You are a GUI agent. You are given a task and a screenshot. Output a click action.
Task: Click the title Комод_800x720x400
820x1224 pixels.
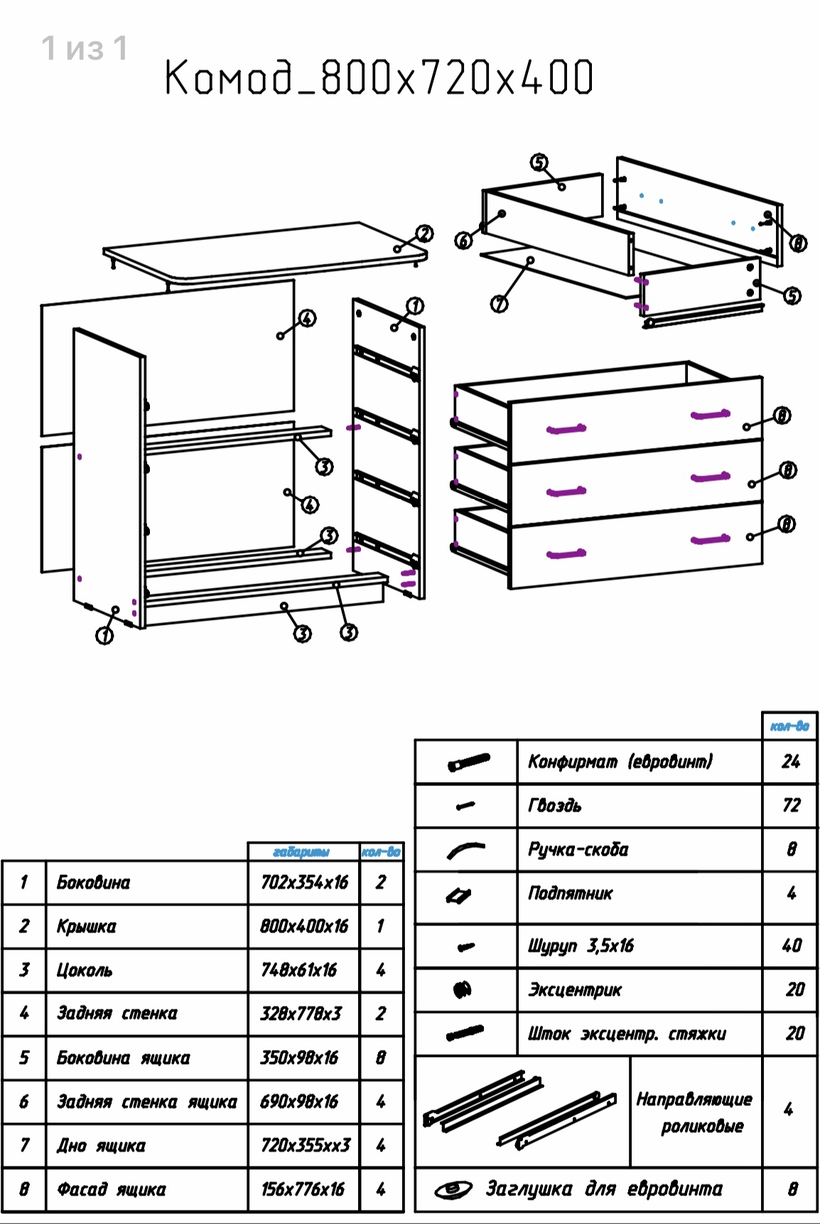(379, 77)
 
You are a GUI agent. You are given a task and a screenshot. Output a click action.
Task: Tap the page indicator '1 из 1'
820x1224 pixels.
(85, 49)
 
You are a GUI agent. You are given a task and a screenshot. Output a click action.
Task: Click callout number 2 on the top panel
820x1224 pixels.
(424, 234)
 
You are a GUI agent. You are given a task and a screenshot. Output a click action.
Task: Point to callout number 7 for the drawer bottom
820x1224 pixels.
(500, 304)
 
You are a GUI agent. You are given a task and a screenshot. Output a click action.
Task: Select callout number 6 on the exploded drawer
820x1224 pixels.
(463, 241)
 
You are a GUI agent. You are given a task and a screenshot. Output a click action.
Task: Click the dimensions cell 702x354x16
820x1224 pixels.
(304, 883)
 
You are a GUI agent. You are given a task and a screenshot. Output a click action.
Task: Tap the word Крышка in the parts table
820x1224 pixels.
(86, 927)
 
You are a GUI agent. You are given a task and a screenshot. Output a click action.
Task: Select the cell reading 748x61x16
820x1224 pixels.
(299, 970)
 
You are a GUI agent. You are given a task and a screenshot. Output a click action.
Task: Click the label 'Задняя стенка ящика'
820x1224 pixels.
(146, 1102)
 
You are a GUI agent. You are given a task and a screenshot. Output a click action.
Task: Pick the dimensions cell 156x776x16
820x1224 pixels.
(303, 1189)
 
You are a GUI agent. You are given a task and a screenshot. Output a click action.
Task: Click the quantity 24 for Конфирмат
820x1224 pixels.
(791, 762)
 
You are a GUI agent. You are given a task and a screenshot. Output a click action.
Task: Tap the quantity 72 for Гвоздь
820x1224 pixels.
(791, 805)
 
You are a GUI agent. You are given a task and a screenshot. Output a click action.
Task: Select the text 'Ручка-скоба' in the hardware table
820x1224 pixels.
(578, 849)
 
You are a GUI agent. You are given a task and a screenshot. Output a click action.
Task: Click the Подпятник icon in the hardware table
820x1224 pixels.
(459, 896)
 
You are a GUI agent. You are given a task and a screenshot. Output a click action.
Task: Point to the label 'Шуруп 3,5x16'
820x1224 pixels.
(581, 946)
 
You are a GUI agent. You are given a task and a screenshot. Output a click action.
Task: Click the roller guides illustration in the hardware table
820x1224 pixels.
(519, 1110)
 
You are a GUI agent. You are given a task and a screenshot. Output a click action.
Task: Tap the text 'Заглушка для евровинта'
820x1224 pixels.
(603, 1188)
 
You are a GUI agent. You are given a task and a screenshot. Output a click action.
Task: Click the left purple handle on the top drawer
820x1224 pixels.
(566, 429)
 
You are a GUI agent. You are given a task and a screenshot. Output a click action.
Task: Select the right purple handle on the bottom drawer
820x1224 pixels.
(710, 540)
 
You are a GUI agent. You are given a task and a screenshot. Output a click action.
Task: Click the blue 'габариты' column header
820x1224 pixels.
(301, 852)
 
